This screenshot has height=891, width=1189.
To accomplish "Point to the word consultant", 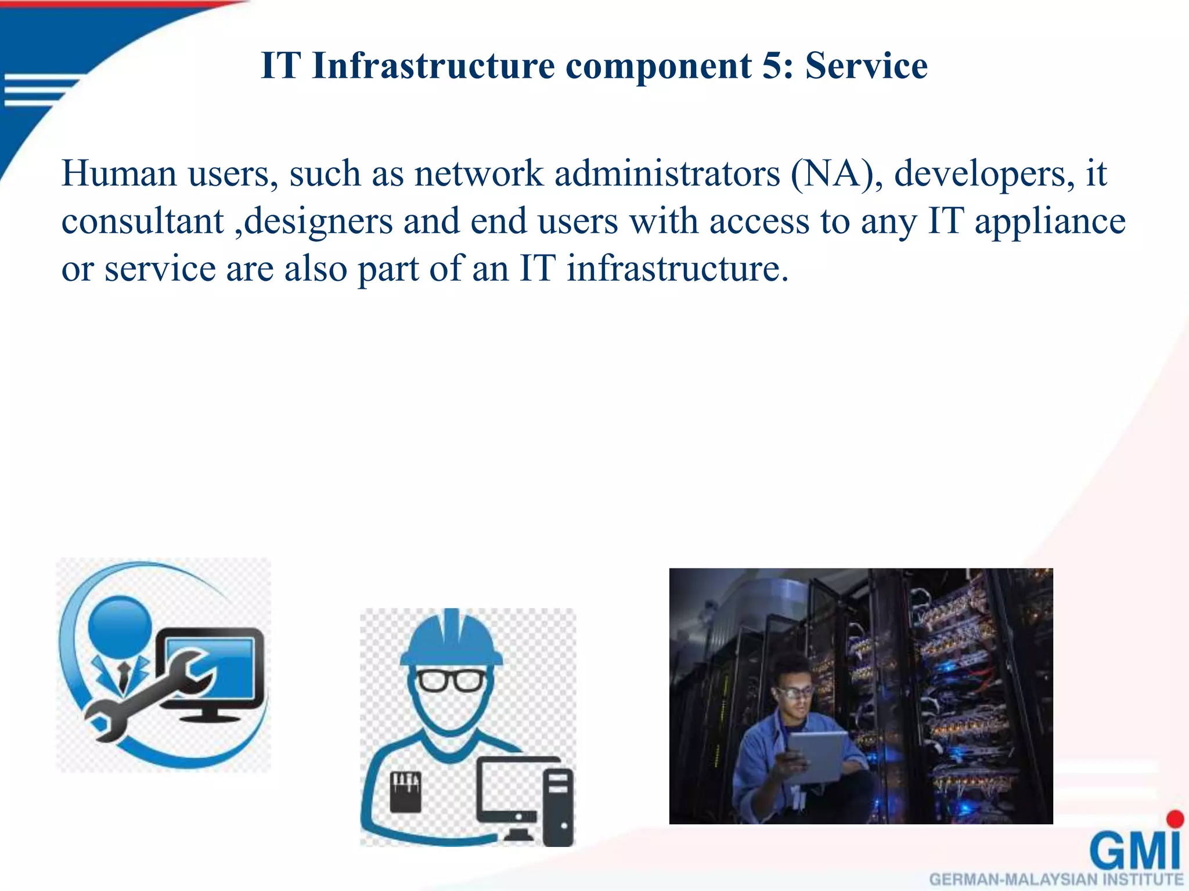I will click(142, 222).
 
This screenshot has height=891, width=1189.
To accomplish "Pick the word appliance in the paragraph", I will click(1050, 222).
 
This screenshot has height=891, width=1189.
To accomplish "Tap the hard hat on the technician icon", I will click(452, 638).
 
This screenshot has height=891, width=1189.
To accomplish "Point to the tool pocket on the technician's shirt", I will click(405, 792).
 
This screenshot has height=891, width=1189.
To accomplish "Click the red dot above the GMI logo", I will click(1174, 818).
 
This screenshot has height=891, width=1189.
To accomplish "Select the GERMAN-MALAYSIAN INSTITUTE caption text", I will click(1055, 879).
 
